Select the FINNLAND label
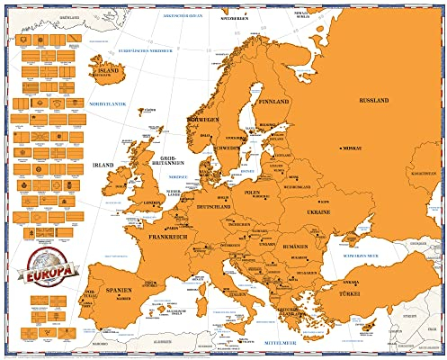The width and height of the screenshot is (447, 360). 273,102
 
